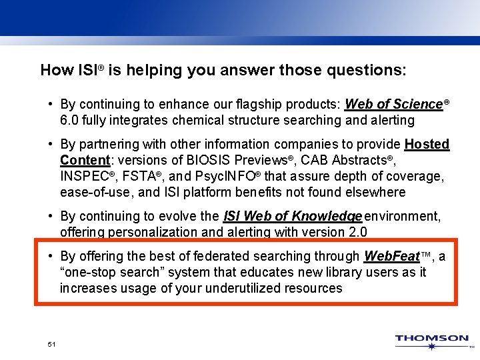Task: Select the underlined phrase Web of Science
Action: pyautogui.click(x=394, y=105)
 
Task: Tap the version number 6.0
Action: pyautogui.click(x=69, y=121)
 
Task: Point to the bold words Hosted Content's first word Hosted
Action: pyautogui.click(x=427, y=144)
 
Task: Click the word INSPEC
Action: pyautogui.click(x=84, y=176)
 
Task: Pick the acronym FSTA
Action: pyautogui.click(x=139, y=176)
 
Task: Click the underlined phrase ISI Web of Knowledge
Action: pyautogui.click(x=293, y=216)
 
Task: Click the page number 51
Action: pyautogui.click(x=51, y=344)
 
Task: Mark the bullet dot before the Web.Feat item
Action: pyautogui.click(x=51, y=256)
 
